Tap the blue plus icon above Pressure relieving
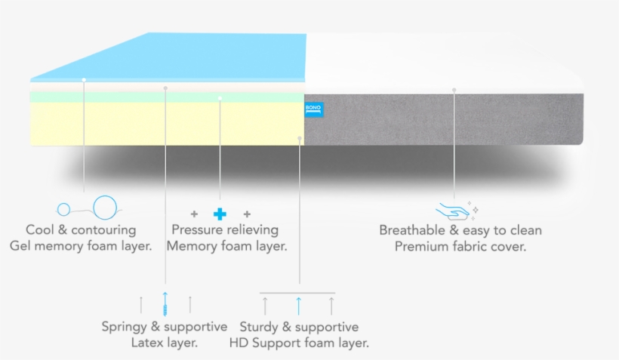coord(220,214)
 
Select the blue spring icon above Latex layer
coord(165,303)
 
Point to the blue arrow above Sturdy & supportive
coord(298,305)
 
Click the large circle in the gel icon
coord(105,207)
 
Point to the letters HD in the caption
coord(241,343)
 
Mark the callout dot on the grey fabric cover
coord(454,90)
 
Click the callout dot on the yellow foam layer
coord(300,138)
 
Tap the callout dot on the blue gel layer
coord(84,79)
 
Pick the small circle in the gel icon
coord(64,209)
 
